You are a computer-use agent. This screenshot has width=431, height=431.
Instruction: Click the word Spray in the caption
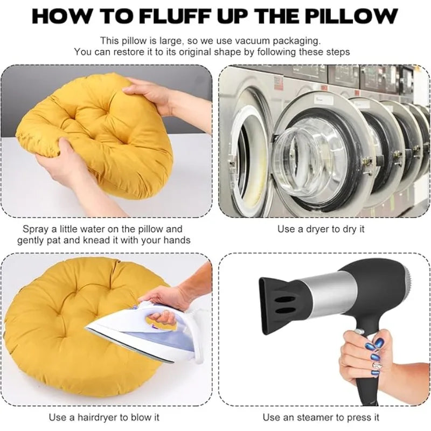tap(36, 230)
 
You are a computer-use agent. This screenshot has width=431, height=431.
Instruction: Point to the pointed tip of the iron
tap(87, 328)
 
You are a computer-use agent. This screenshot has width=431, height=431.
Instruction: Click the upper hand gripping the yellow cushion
tap(159, 93)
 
